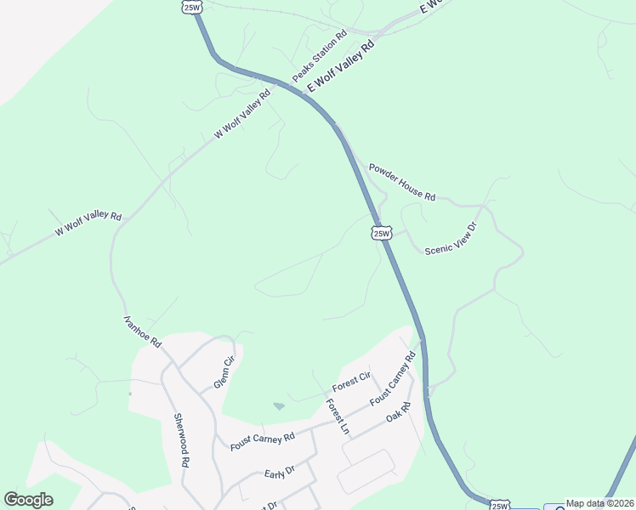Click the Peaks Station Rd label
click(320, 57)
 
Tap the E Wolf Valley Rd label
click(340, 65)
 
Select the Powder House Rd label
click(401, 182)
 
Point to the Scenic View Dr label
click(451, 238)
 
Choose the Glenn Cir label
click(223, 371)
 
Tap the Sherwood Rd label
click(179, 439)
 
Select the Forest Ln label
click(338, 417)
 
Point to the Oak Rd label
click(398, 414)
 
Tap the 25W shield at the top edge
click(191, 7)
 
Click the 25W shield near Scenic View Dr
click(381, 232)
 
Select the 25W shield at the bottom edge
click(499, 505)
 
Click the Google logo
click(28, 500)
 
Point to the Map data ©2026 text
click(599, 503)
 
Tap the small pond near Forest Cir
click(279, 406)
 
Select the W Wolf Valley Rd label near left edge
click(88, 224)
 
